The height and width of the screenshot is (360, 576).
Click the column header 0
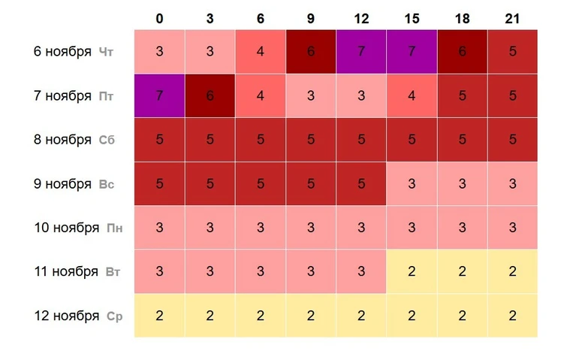(159, 19)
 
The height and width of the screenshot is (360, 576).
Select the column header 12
(361, 19)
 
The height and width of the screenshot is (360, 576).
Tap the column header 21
(513, 19)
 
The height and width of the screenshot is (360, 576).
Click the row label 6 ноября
(62, 52)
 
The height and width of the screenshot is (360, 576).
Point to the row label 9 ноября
(62, 183)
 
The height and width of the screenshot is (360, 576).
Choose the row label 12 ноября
(66, 316)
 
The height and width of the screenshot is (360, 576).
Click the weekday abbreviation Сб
(107, 140)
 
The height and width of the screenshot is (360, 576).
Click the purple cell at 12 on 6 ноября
(361, 52)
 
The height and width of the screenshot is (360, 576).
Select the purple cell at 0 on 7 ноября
(159, 95)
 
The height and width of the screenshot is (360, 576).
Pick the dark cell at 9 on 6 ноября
(311, 52)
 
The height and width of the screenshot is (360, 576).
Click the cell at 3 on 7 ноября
(210, 95)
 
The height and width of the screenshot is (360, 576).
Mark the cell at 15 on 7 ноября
(412, 95)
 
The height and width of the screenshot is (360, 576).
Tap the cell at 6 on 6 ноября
(260, 52)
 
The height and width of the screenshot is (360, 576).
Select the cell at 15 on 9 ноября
(412, 183)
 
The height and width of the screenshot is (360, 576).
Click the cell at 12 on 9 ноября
(361, 183)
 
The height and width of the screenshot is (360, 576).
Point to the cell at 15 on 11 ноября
(412, 271)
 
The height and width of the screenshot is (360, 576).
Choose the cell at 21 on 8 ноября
(513, 140)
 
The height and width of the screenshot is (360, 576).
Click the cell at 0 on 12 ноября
(159, 316)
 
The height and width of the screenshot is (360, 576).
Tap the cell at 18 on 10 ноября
(463, 228)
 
